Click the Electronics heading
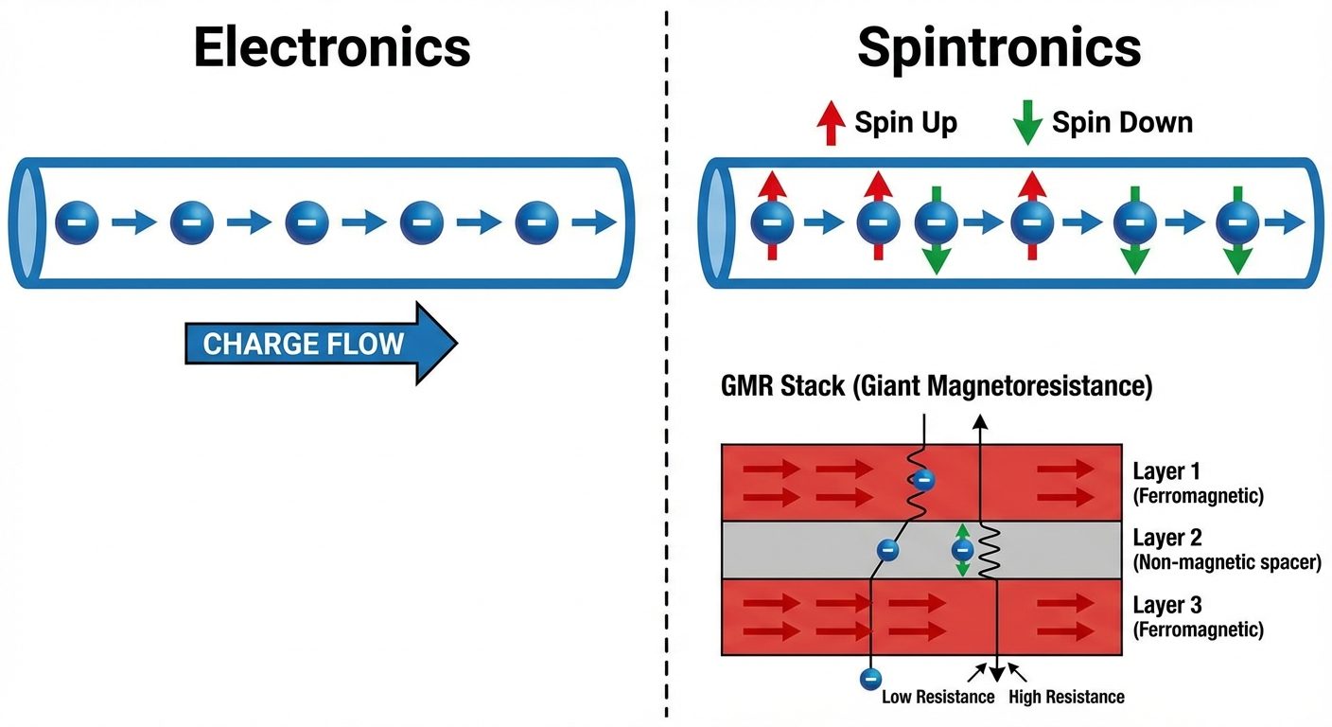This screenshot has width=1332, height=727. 332,47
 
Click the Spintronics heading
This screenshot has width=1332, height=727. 999,47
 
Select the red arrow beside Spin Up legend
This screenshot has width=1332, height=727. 831,123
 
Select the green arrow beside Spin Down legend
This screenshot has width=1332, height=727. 1027,123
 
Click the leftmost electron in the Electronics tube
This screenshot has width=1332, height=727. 77,223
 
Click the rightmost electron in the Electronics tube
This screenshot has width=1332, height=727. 536,223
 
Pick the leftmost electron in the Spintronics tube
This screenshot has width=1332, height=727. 772,223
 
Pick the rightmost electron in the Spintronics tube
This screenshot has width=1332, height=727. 1236,223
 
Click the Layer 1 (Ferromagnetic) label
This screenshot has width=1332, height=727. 1198,483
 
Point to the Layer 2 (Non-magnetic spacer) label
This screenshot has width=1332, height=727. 1225,550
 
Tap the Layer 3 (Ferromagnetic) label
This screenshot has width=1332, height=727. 1198,616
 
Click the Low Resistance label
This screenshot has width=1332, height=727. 938,698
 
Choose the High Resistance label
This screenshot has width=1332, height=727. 1066,698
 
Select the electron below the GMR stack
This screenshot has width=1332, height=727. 870,678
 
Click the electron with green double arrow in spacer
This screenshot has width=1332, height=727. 962,550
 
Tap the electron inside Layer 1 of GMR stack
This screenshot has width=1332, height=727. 924,480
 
